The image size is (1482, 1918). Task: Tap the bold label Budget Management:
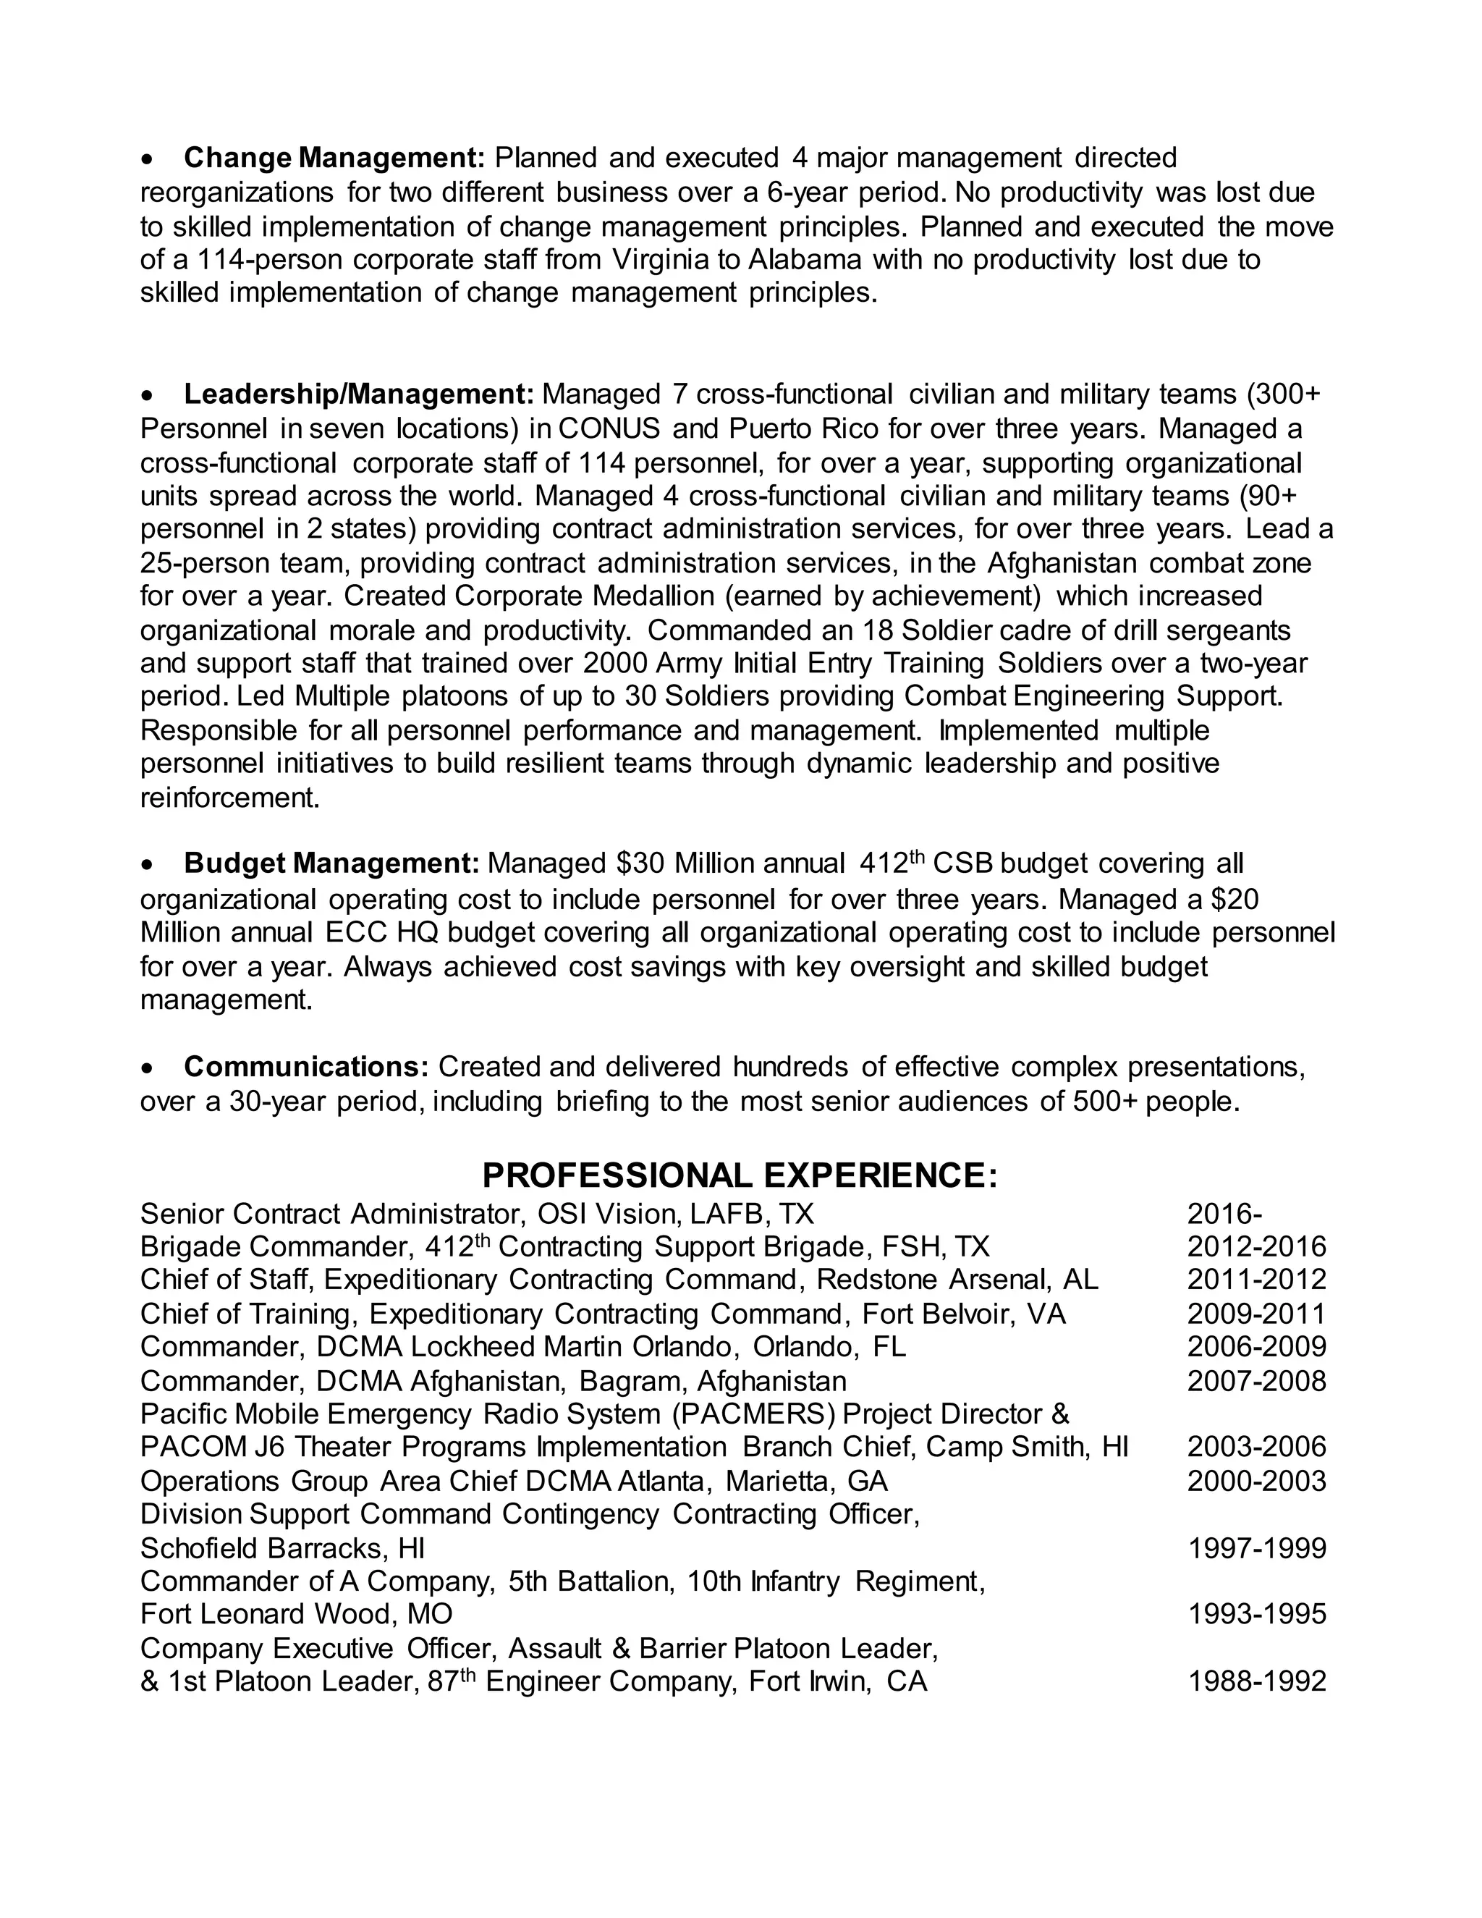pos(331,864)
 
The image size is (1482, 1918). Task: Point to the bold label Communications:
pos(305,1067)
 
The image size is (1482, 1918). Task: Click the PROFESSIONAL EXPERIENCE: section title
pos(740,1175)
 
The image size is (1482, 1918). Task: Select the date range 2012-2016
pos(1256,1247)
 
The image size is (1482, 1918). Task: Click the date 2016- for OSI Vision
pos(1225,1214)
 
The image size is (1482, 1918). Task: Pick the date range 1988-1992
pos(1256,1681)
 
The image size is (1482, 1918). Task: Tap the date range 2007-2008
pos(1256,1382)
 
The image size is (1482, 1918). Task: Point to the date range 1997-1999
pos(1256,1547)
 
